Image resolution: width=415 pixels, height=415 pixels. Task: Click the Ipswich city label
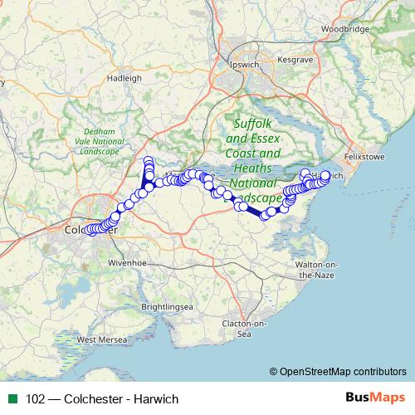click(242, 64)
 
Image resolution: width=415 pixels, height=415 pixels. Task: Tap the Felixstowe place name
click(367, 154)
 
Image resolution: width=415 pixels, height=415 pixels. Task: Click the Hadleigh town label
click(125, 78)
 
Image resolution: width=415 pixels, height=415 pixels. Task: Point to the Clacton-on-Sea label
click(242, 329)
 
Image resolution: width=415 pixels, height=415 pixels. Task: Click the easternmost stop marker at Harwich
click(325, 175)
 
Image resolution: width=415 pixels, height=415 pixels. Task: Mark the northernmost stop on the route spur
click(149, 161)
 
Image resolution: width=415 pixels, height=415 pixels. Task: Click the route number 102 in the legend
click(36, 398)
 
